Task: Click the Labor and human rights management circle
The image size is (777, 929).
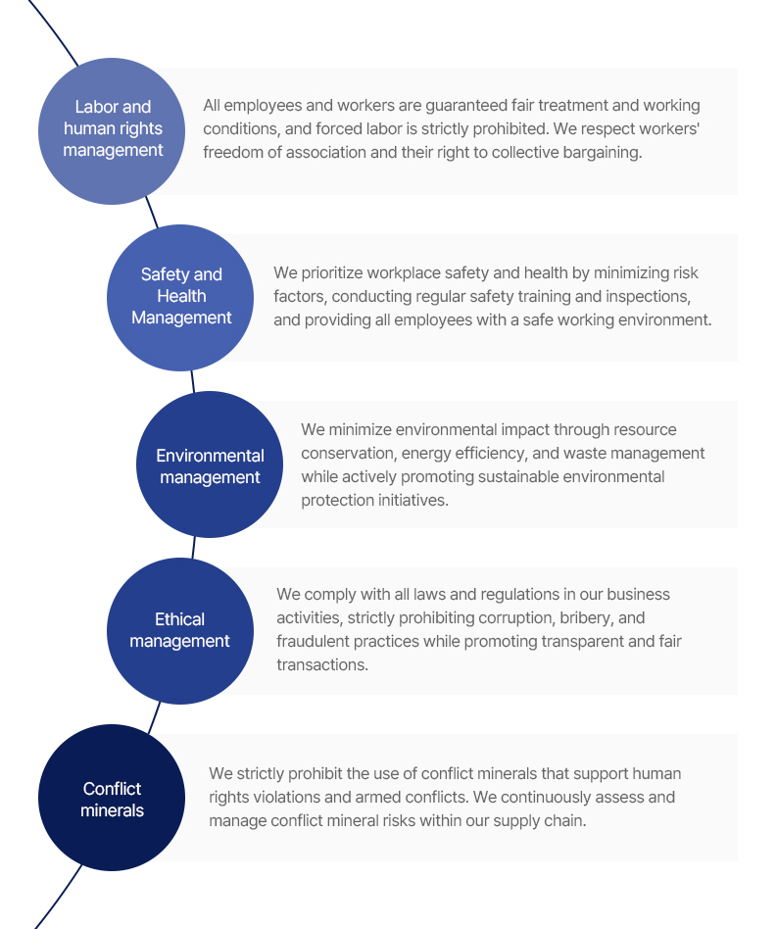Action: (112, 131)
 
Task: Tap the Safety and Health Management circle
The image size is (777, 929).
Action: (180, 298)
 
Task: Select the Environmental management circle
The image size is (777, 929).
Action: (210, 464)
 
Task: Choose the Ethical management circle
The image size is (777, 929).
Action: (180, 631)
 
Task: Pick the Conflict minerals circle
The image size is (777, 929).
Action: (112, 798)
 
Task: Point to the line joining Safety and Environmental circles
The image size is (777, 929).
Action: (192, 381)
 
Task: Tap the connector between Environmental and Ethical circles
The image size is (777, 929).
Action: (193, 548)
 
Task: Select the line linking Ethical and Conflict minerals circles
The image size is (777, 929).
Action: (154, 717)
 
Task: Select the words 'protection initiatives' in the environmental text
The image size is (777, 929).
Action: (374, 501)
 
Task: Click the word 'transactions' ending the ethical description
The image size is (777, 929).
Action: (322, 664)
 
